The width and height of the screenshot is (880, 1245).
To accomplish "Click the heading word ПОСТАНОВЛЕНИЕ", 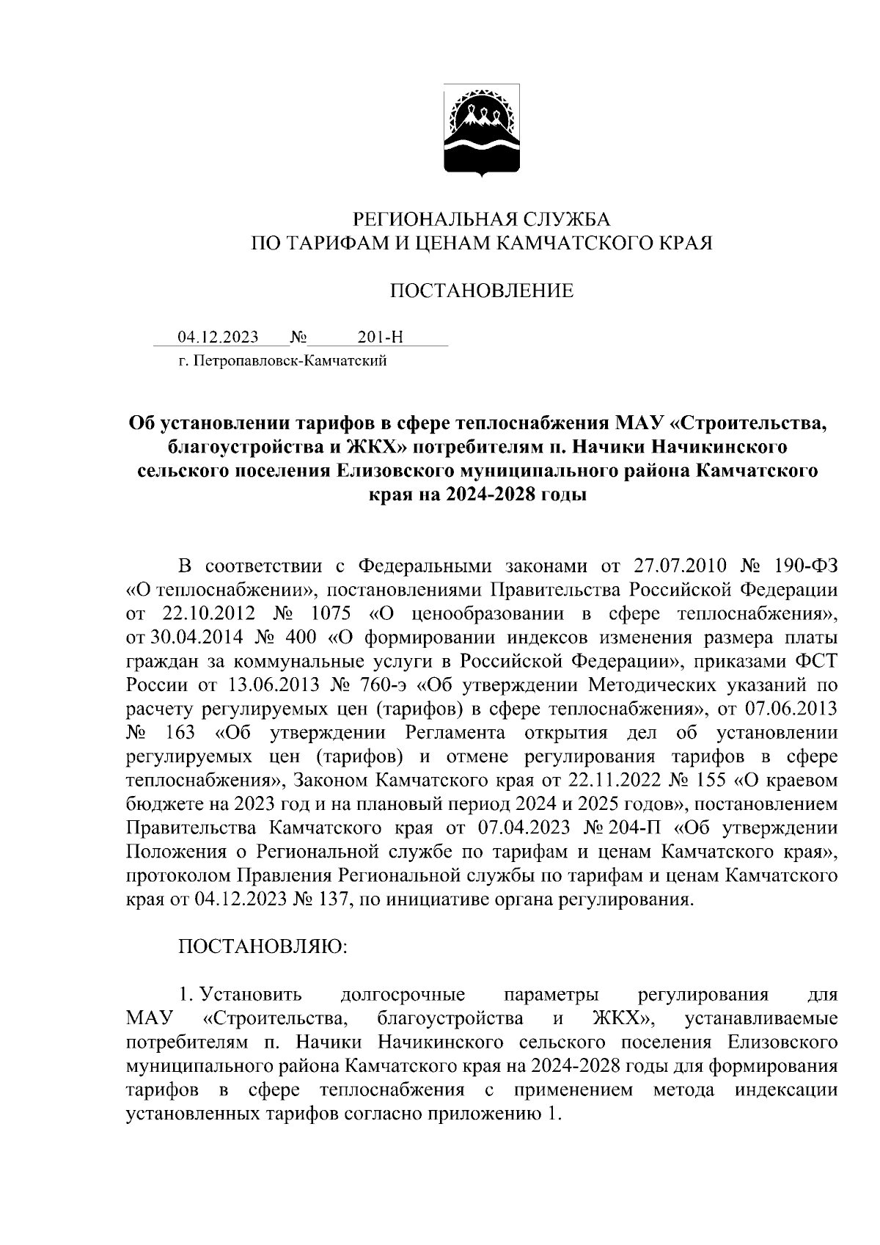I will [x=481, y=291].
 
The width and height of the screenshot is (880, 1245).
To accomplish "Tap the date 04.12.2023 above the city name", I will [x=218, y=337].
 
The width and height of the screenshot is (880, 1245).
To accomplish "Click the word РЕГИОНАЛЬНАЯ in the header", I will [x=425, y=219].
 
